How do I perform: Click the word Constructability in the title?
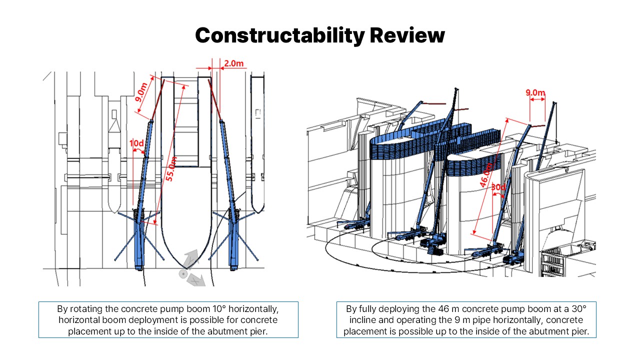(279, 35)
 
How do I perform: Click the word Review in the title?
(407, 35)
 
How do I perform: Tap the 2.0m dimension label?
(233, 63)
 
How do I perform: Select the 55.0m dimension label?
(171, 169)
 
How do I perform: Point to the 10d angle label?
(136, 143)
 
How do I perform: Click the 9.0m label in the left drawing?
(141, 92)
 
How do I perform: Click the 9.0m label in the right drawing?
(535, 92)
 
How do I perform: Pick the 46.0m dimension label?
(486, 175)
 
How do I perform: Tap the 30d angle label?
(498, 187)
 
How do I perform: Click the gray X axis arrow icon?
(196, 280)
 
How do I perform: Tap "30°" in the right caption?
(579, 309)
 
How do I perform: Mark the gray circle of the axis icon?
(182, 274)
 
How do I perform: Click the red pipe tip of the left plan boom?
(164, 80)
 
